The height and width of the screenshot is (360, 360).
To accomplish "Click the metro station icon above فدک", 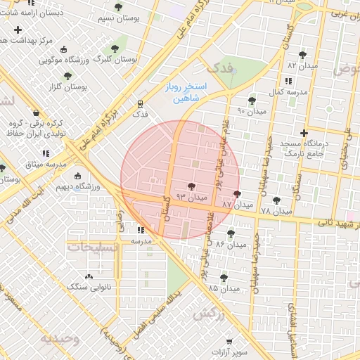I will pos(141,103).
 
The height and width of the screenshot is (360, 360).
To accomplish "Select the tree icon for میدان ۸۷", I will pos(236,194).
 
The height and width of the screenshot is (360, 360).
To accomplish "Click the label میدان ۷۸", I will pos(275,210).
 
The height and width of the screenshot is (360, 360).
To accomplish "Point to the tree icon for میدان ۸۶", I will pos(230,234).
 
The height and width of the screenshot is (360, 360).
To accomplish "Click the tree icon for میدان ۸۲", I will pos(302,54).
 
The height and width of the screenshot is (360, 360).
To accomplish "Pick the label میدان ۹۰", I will pos(251,111).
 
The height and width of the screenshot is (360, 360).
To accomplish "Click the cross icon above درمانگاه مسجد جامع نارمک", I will pos(304,133).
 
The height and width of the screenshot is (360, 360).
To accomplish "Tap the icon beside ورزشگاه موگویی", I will pos(64,50).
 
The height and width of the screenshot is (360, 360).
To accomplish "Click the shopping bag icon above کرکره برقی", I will pos(36,112).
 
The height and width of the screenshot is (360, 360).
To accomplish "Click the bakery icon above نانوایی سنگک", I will pos(88,276).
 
